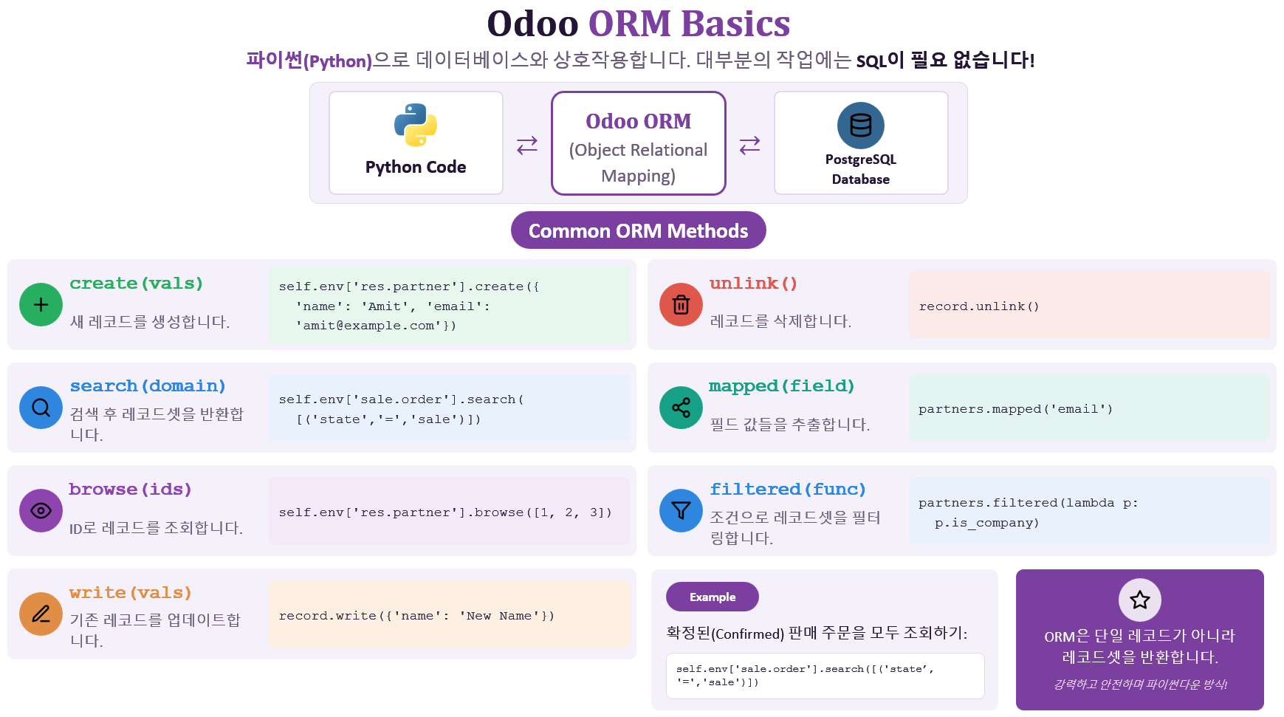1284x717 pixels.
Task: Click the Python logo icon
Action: point(416,125)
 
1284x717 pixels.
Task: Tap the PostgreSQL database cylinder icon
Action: point(861,126)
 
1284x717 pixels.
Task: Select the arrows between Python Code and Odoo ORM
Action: point(527,145)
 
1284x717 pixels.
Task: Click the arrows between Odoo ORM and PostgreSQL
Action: point(750,145)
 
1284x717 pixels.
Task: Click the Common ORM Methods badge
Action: point(639,230)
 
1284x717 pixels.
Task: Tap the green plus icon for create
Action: point(41,304)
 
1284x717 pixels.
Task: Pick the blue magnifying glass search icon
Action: point(41,408)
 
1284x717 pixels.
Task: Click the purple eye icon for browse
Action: point(41,510)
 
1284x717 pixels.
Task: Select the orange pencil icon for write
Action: point(41,614)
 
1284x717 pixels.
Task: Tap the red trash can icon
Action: point(682,304)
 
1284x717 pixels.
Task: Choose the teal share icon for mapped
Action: point(682,408)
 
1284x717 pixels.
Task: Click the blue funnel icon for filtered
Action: point(682,510)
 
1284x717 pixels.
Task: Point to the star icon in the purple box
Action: point(1140,600)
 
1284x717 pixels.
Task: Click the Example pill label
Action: point(713,597)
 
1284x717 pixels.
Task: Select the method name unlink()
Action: point(753,284)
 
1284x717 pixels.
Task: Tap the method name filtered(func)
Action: point(788,490)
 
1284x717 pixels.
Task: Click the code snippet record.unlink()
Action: point(979,306)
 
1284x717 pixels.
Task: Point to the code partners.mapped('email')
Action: point(1015,409)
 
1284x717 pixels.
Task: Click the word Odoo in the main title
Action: point(533,24)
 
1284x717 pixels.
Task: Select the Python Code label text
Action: point(416,168)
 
